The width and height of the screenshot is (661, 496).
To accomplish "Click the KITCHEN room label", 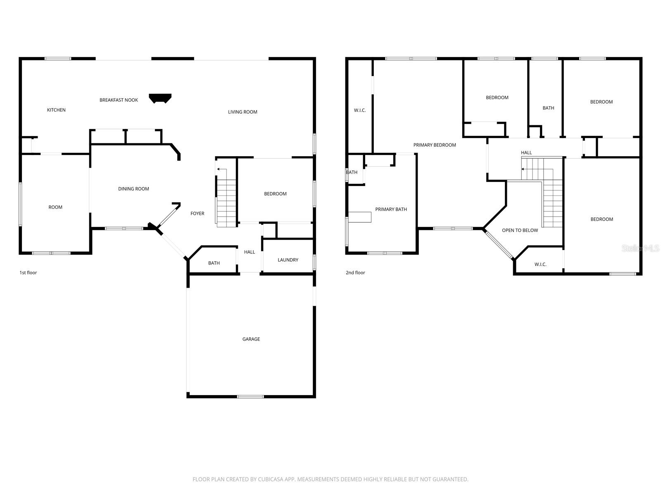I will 56,110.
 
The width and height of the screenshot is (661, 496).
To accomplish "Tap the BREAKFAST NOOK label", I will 119,100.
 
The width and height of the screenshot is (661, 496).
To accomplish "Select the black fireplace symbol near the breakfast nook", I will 160,98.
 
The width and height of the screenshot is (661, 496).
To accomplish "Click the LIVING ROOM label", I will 243,112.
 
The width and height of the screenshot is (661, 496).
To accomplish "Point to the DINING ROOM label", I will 133,189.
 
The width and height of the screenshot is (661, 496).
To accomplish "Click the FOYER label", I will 197,214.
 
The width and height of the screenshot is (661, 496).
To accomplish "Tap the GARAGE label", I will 251,339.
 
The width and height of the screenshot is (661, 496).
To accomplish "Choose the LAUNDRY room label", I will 288,260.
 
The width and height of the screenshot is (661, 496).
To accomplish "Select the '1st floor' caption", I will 28,273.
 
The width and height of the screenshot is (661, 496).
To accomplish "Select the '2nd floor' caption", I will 355,273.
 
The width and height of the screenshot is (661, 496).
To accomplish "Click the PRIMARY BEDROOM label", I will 435,145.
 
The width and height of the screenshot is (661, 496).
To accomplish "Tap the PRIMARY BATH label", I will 391,210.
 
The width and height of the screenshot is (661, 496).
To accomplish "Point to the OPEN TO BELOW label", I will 520,231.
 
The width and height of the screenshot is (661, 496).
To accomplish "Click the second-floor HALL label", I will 526,153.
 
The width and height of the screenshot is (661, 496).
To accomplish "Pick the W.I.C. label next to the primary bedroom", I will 360,110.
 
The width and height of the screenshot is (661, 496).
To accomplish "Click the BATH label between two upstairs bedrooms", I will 548,108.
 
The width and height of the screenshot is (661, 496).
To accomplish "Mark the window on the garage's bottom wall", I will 250,397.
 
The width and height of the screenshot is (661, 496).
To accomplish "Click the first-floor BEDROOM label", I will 275,194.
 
